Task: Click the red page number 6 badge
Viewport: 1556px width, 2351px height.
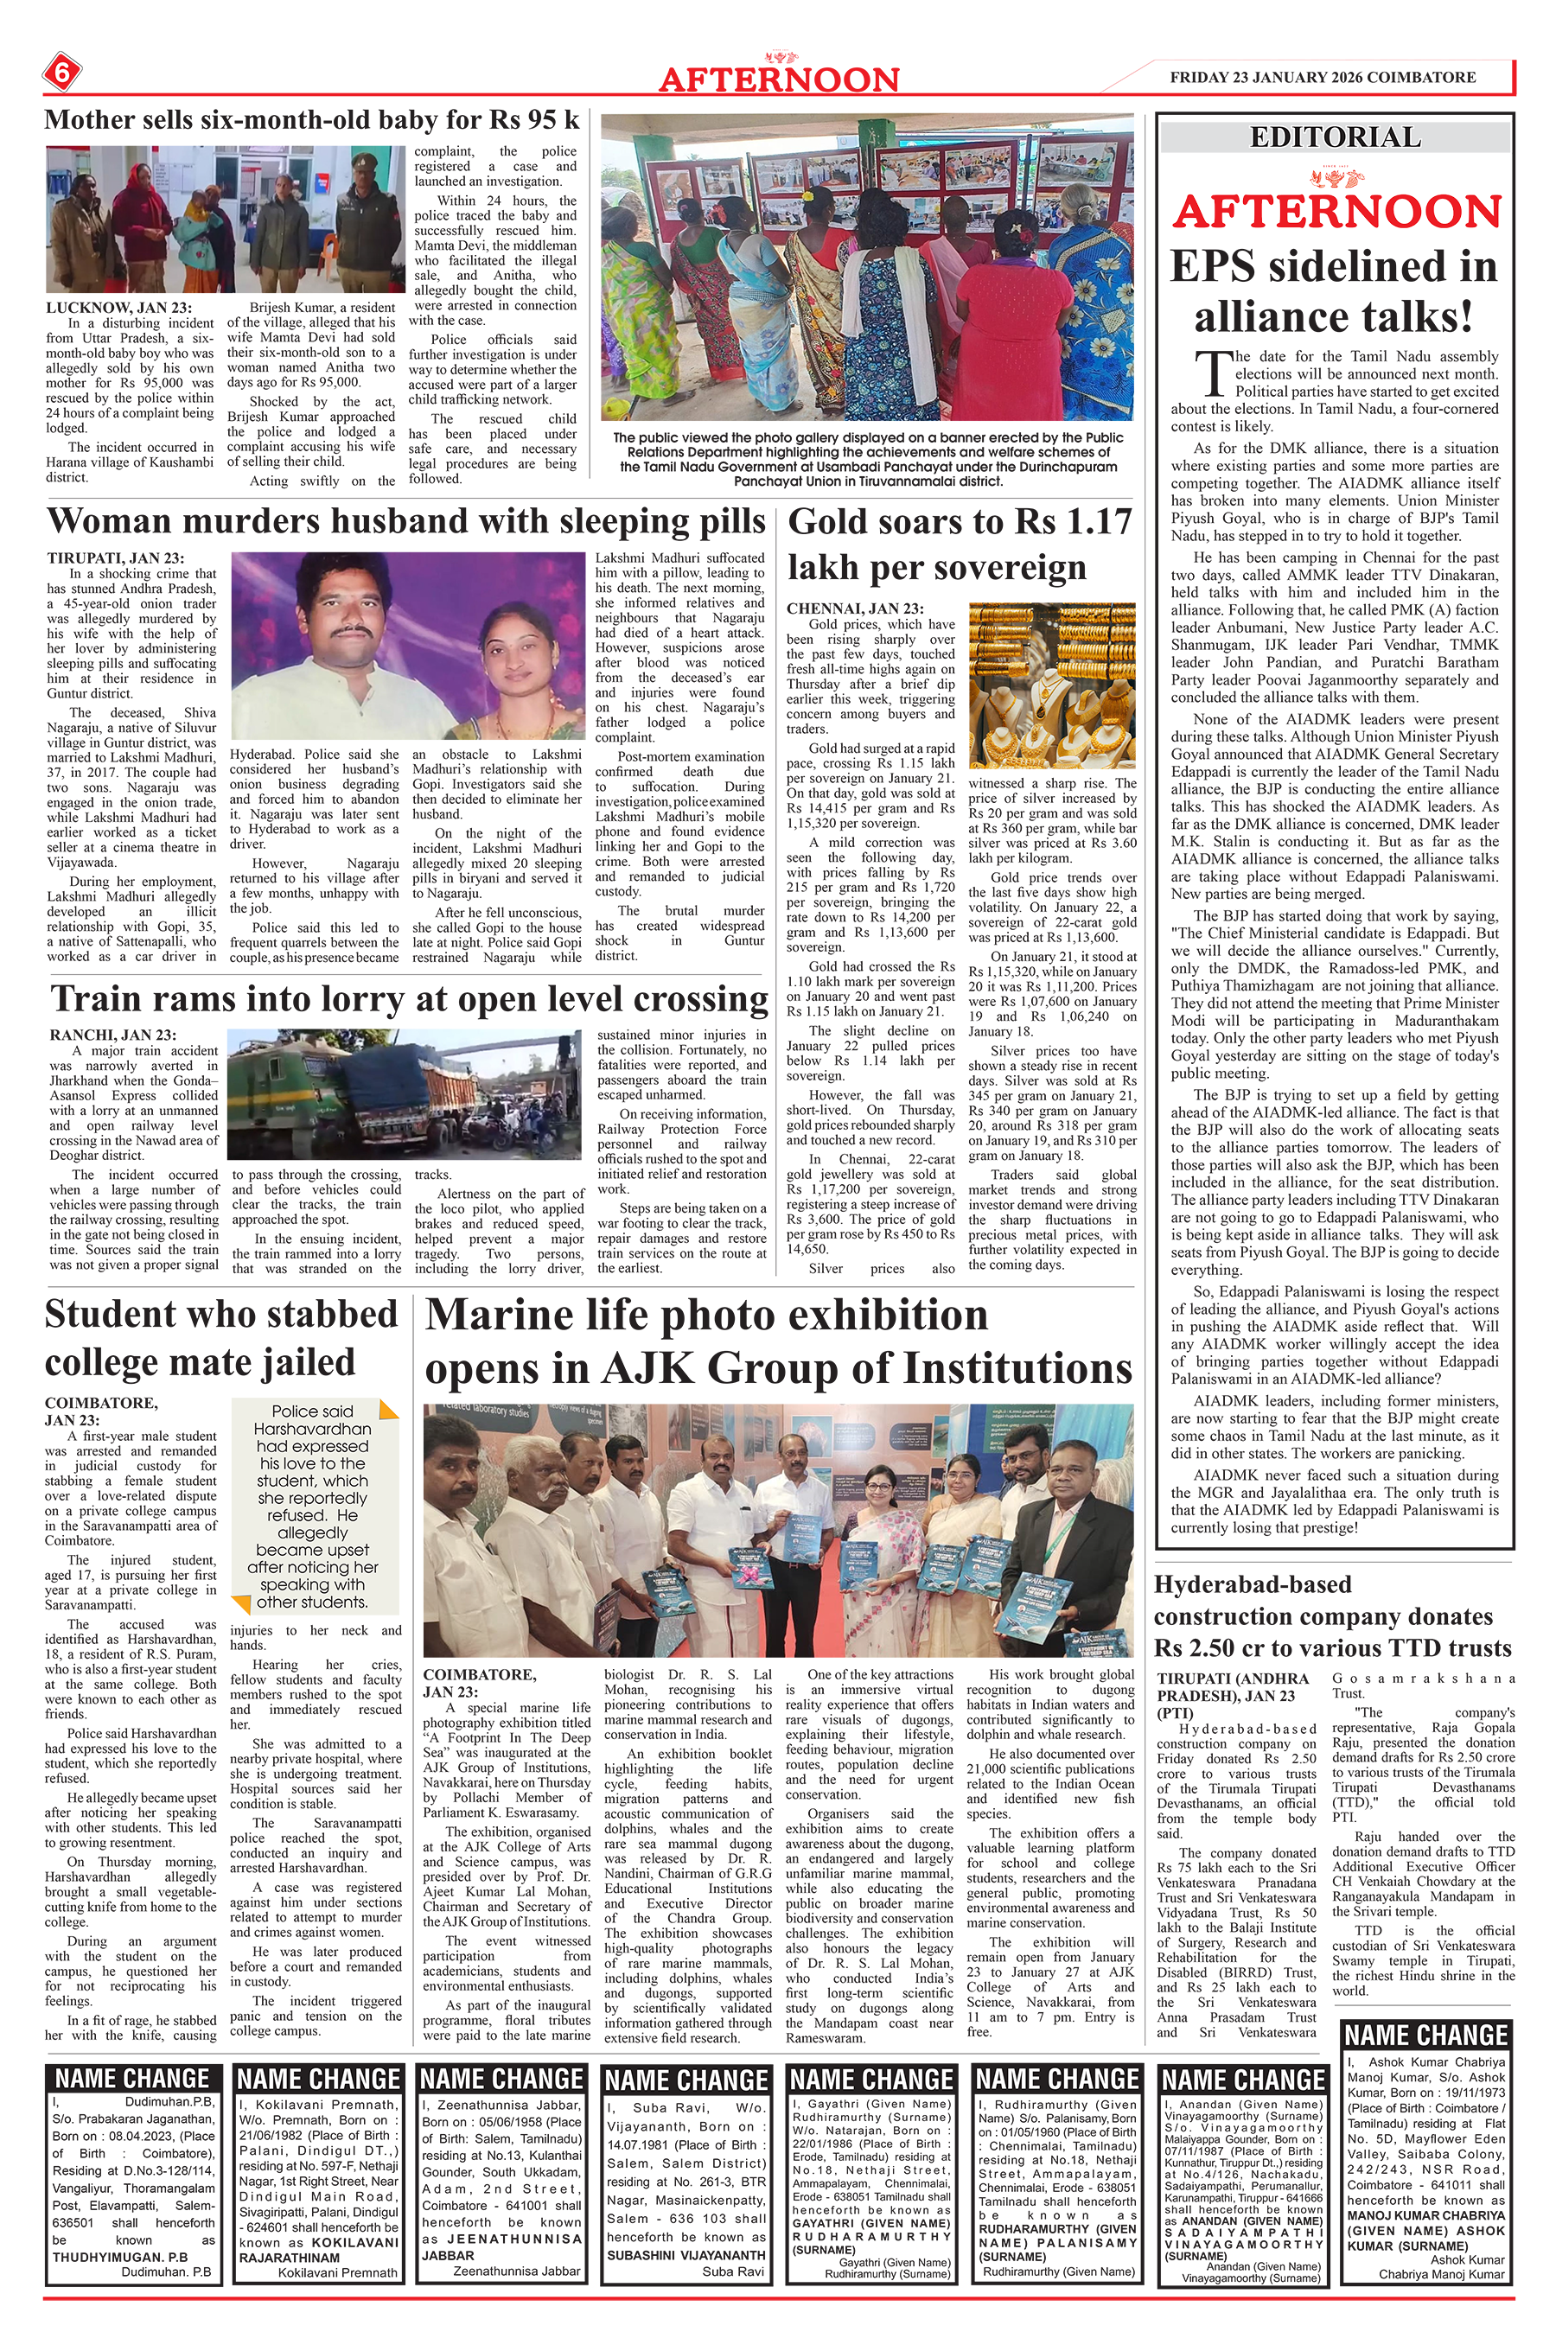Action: [x=61, y=73]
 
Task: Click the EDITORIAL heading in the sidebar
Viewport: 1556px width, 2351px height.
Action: [x=1335, y=136]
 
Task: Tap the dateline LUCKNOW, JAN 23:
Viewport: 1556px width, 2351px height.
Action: [x=119, y=308]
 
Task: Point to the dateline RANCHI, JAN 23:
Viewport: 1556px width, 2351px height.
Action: [x=113, y=1035]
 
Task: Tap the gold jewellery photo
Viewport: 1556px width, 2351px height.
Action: [x=1052, y=685]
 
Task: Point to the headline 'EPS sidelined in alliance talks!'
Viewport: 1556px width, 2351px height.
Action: [x=1334, y=291]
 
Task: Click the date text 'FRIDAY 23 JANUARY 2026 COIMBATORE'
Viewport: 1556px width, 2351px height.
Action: [x=1323, y=78]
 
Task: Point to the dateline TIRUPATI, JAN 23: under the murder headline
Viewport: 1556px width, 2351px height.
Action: [x=115, y=558]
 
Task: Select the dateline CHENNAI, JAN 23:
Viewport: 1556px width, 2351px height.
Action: [x=854, y=608]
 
